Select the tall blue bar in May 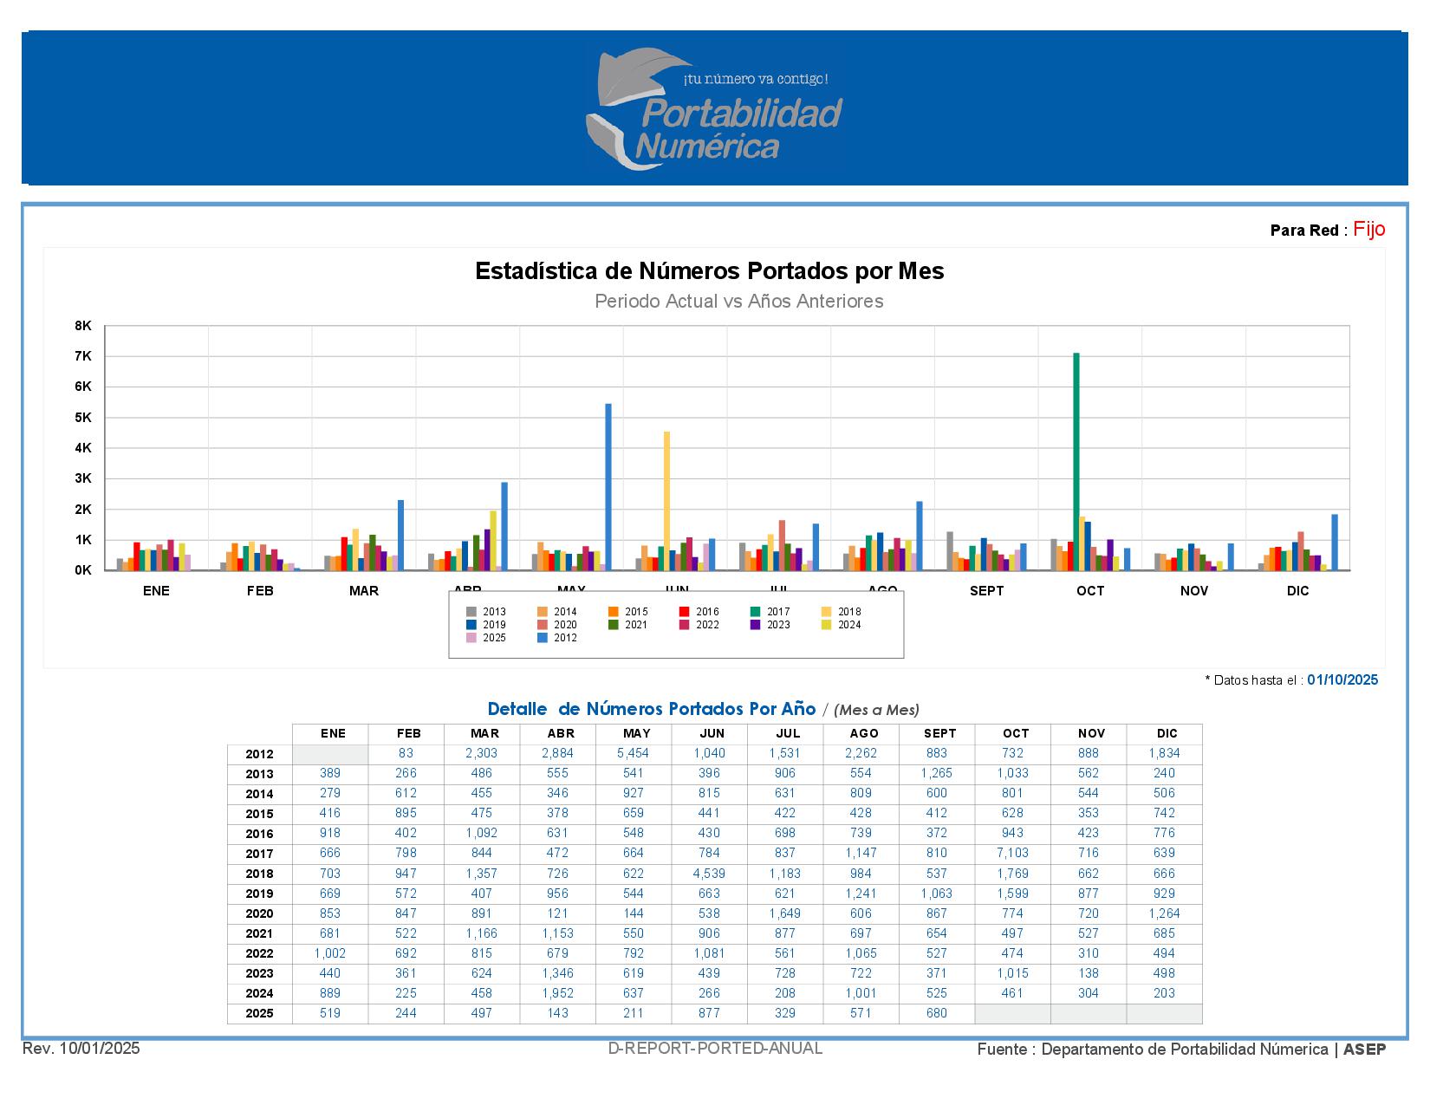click(608, 486)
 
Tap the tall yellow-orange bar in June click(666, 500)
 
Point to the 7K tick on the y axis click(83, 356)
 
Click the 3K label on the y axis click(83, 478)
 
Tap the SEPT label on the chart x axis click(986, 591)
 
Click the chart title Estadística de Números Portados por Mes click(709, 271)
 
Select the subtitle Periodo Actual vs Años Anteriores click(738, 302)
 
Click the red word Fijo click(1368, 229)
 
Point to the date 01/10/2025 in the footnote click(1342, 680)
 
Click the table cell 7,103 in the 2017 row click(1012, 854)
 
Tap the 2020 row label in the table click(259, 913)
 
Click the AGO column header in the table click(863, 733)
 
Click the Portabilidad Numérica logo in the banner click(715, 108)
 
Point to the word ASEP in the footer click(1364, 1050)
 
